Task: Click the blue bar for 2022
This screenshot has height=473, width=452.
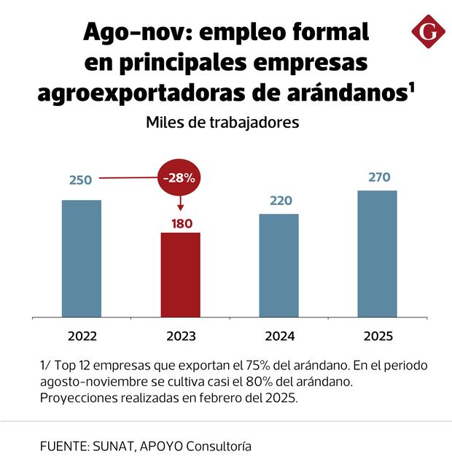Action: tap(81, 258)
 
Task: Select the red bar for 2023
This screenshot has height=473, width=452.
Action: tap(180, 274)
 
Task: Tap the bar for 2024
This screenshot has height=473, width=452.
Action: tap(279, 266)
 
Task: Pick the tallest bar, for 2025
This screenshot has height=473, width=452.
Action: tap(377, 253)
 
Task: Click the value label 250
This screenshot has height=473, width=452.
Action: tap(80, 180)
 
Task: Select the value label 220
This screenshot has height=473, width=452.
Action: tap(280, 200)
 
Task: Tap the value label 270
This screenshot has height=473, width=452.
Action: tap(378, 177)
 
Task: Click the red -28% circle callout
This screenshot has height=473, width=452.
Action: tap(180, 177)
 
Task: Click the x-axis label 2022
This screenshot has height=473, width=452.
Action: tap(82, 337)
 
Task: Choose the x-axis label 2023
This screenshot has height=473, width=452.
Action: tap(180, 337)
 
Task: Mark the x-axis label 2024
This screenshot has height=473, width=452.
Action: tap(279, 337)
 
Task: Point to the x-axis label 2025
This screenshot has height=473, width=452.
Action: tap(378, 337)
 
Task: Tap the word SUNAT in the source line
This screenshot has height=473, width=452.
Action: tap(114, 445)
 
